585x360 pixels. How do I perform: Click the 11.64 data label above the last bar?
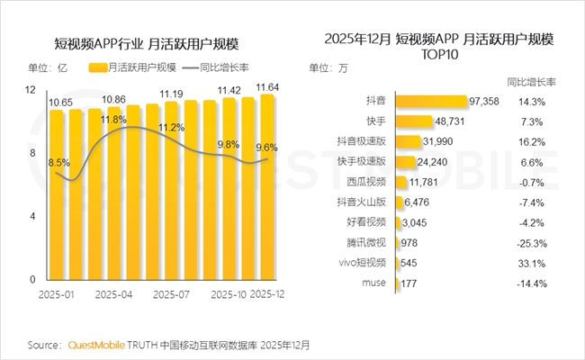[x=267, y=87]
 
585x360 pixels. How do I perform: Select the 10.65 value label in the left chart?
[x=61, y=103]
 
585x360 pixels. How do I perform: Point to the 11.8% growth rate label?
[x=112, y=120]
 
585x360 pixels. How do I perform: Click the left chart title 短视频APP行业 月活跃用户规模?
[x=150, y=43]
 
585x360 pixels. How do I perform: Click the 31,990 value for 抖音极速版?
[x=441, y=142]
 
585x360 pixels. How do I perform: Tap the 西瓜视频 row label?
[x=366, y=183]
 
